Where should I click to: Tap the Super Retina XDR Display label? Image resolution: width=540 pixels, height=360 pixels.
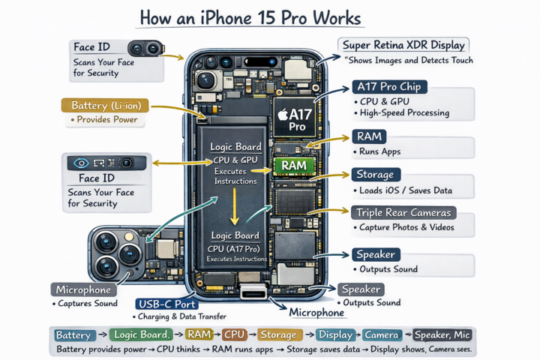coord(403,46)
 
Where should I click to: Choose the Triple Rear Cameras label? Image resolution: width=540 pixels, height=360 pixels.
coord(404,213)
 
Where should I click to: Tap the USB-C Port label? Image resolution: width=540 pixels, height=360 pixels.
coord(167,304)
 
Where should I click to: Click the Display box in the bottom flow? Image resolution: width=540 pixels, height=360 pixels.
coord(335,335)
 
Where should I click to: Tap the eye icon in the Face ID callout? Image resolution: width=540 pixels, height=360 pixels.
coord(77,162)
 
